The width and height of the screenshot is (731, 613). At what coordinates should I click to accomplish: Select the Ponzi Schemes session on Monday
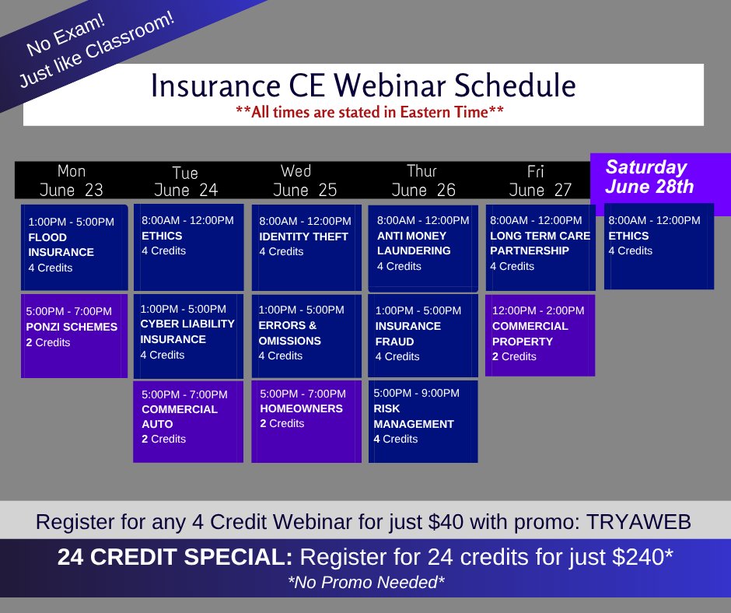(x=75, y=335)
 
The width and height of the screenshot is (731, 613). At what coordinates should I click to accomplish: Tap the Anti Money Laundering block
(x=423, y=247)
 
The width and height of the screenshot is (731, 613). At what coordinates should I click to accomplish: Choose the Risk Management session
(x=423, y=421)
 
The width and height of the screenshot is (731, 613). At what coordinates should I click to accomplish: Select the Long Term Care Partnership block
(x=540, y=247)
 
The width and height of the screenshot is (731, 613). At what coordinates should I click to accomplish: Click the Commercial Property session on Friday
(x=540, y=334)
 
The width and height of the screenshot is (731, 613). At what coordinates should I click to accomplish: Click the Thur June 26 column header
(x=421, y=180)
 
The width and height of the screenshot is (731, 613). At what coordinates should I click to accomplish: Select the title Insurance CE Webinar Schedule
(x=363, y=86)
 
